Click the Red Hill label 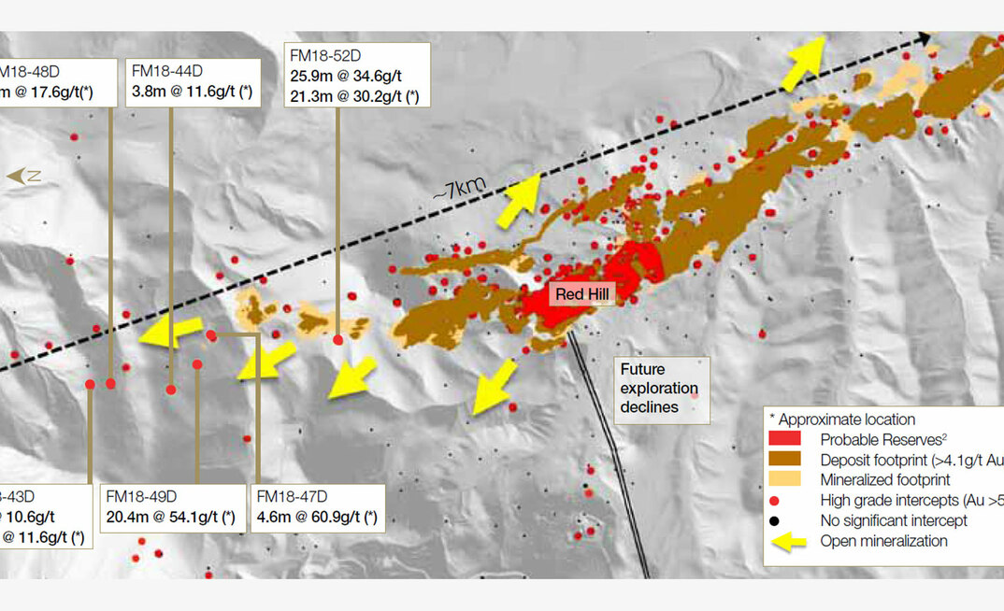(x=584, y=294)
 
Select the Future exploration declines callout (x=659, y=388)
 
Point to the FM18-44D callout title (x=167, y=70)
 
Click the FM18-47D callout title (x=293, y=496)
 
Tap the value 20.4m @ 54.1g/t (x=169, y=517)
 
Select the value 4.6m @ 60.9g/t (x=316, y=517)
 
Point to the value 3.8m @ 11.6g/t (x=192, y=92)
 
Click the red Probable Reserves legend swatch (x=785, y=439)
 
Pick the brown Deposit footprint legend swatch (x=785, y=460)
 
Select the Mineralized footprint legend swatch (x=785, y=480)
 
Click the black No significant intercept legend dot (x=785, y=520)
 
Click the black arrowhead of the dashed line (x=925, y=38)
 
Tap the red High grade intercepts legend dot (x=785, y=501)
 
